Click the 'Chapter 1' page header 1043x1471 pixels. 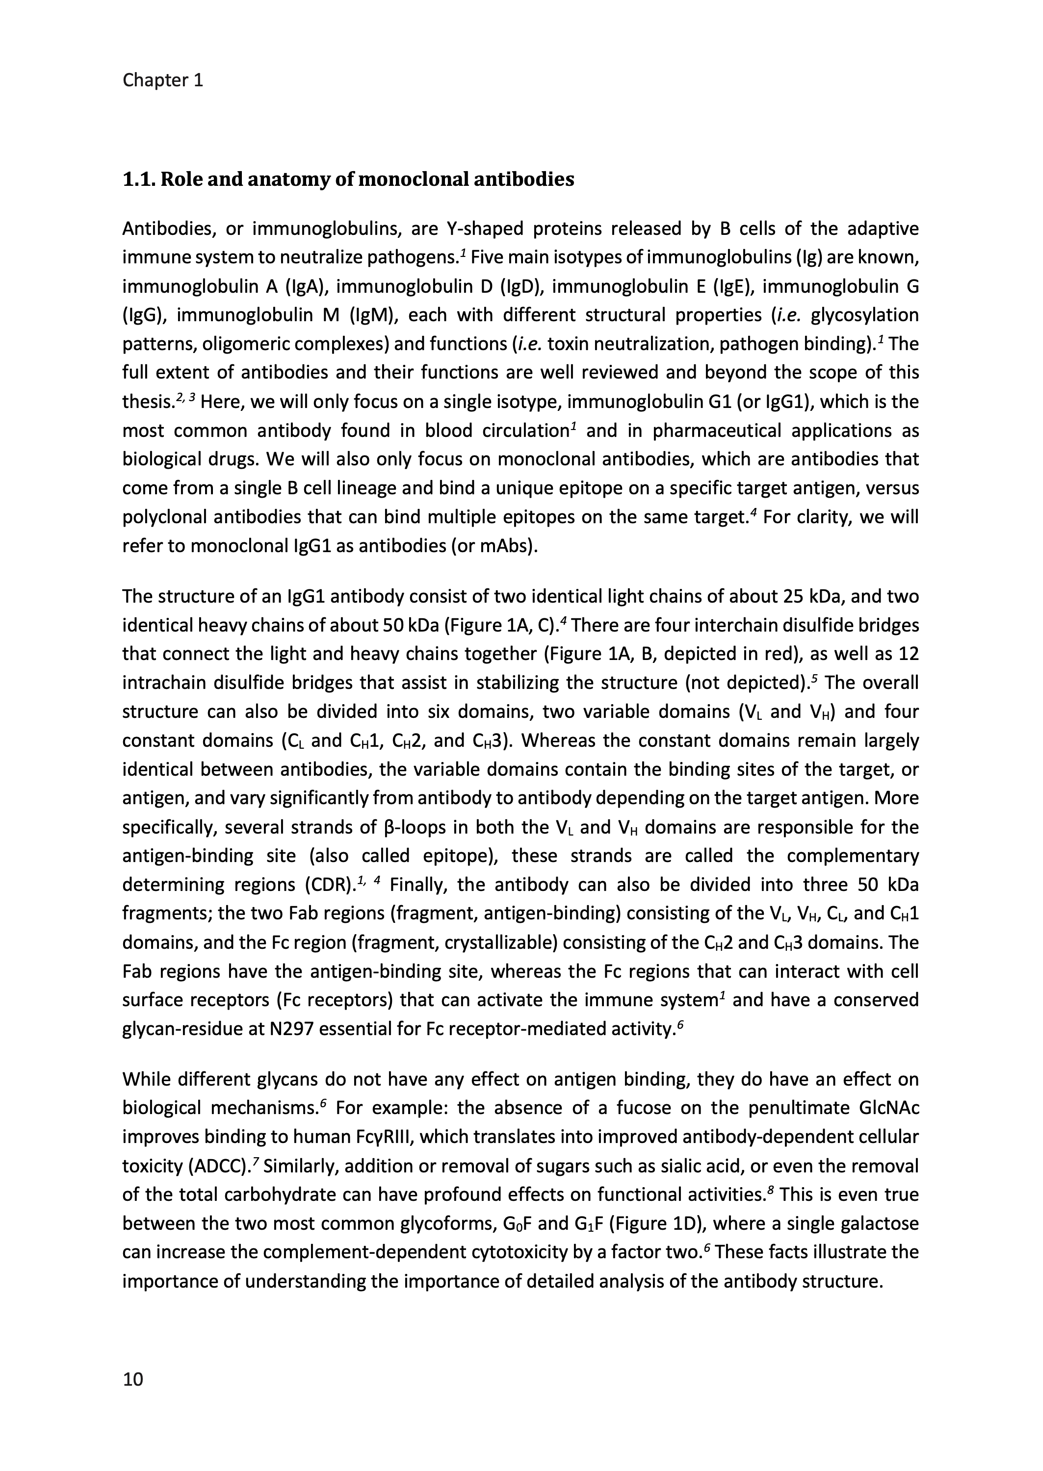pyautogui.click(x=162, y=80)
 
